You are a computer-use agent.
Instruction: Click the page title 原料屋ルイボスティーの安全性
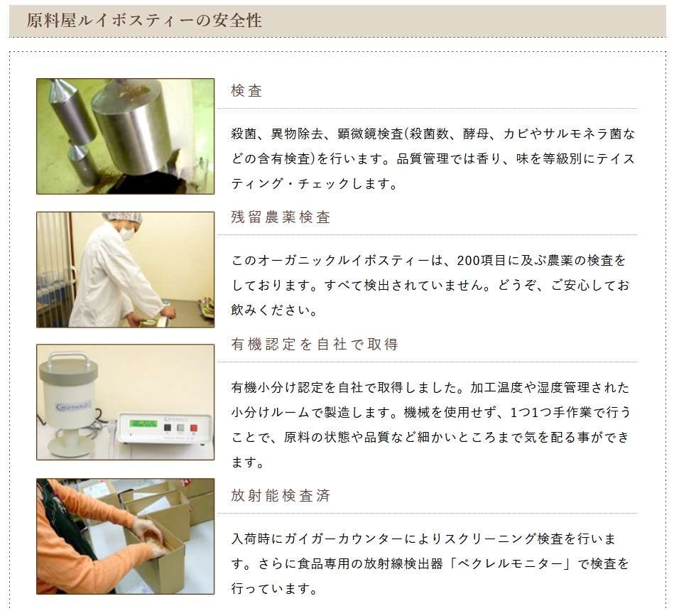144,21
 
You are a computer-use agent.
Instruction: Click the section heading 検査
246,91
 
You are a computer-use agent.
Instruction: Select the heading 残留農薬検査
281,217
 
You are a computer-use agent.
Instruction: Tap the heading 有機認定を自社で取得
314,345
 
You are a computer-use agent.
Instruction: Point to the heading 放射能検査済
281,496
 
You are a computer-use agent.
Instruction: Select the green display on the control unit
143,423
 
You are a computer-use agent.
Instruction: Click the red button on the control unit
194,428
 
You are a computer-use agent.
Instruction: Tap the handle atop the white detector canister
69,358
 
